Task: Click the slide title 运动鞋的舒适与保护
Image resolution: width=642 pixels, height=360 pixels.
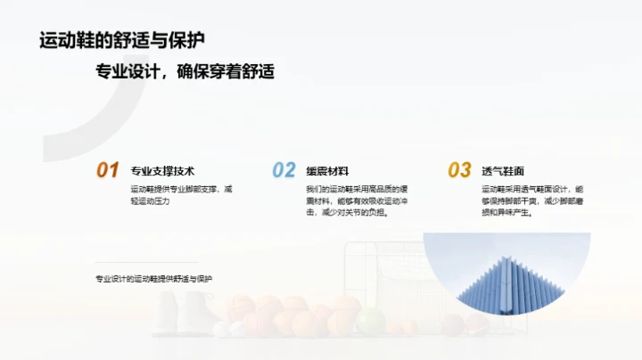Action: click(122, 41)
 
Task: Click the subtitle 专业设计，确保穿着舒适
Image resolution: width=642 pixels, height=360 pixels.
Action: click(185, 72)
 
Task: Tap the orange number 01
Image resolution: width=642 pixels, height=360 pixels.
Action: click(107, 170)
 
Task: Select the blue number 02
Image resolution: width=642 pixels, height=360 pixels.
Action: click(284, 170)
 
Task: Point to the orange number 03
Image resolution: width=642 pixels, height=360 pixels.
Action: click(459, 170)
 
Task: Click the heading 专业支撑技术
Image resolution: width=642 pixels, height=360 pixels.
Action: click(162, 171)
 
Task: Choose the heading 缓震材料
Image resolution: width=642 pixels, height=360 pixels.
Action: click(327, 171)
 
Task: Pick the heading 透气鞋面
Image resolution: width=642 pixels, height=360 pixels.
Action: click(503, 171)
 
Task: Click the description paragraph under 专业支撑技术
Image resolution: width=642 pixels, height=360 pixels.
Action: click(181, 195)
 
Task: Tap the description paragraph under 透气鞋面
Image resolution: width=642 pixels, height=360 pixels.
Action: click(532, 201)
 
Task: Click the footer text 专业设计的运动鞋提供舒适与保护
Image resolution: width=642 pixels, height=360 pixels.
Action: click(154, 279)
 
